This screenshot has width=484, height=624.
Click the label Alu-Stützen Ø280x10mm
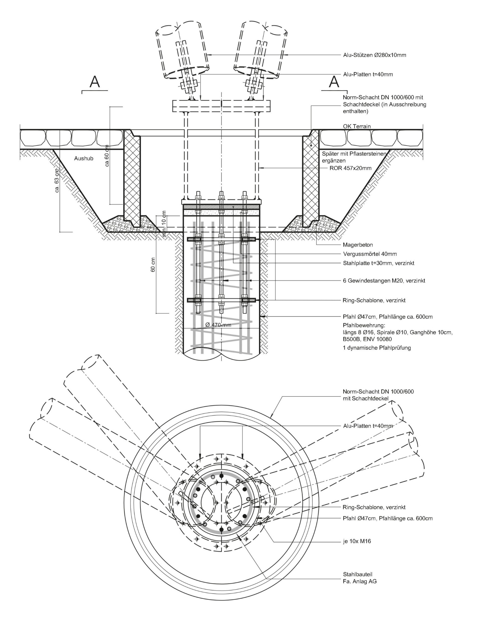(x=374, y=55)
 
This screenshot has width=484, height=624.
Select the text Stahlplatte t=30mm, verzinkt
(x=378, y=263)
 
